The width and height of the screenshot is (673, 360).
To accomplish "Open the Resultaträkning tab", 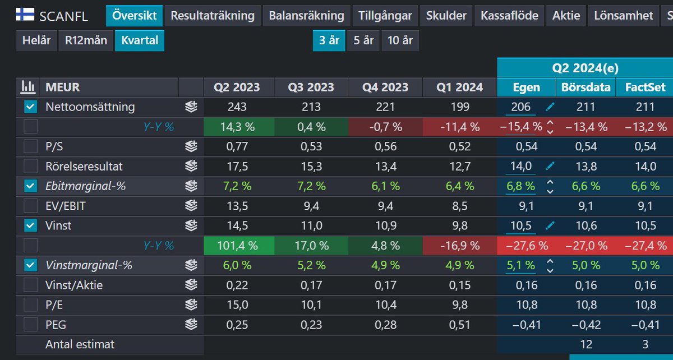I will click(213, 16).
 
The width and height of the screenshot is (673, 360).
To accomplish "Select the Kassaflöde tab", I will click(509, 16).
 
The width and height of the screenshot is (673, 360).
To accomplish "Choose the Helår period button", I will click(36, 41).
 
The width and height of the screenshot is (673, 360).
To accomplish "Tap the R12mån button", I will click(86, 41).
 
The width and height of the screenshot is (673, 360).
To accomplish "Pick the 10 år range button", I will click(400, 41).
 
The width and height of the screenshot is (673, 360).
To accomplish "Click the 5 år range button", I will click(363, 41).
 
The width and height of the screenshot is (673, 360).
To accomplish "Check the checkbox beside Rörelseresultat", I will click(30, 167).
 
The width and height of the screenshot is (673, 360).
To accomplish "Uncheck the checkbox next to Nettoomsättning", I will click(30, 107).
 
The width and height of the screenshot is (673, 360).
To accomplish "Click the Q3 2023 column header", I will click(311, 87).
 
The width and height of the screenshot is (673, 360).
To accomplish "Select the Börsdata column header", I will click(586, 87).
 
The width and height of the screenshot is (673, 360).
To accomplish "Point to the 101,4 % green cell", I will click(238, 246).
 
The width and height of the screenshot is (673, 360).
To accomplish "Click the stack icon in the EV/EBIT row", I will click(191, 206).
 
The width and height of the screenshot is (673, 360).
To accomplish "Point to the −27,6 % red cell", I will click(526, 246).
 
